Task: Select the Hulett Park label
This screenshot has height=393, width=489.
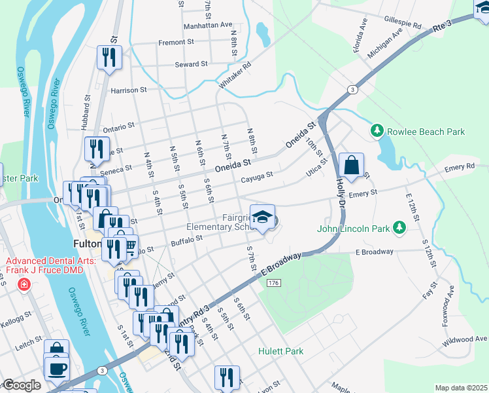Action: tap(280, 351)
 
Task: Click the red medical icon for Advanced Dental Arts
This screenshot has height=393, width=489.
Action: tap(24, 284)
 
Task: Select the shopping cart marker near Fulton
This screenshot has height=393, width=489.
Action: tap(129, 246)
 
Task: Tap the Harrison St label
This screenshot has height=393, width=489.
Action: tap(128, 90)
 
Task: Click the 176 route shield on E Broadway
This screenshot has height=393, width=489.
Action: tap(273, 282)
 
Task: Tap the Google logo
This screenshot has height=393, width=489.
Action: tap(22, 385)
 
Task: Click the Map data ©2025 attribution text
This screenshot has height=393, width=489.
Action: tap(460, 388)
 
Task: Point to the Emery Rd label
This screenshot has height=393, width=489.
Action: tap(459, 168)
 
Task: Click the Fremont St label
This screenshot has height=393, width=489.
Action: tap(172, 43)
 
